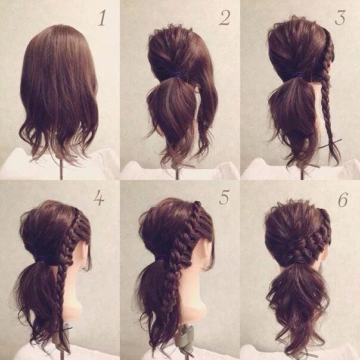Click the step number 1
click(102, 18)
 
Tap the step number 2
click(225, 18)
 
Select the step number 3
click(340, 17)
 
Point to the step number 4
click(99, 198)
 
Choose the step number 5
click(224, 197)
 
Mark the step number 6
click(343, 199)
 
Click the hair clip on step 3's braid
click(330, 144)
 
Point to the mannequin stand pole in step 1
click(61, 169)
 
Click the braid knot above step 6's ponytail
click(299, 249)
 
